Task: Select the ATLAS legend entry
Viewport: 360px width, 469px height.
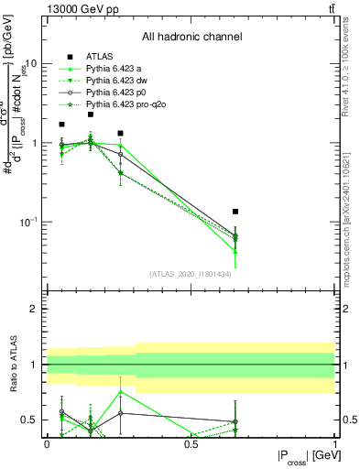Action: coord(100,57)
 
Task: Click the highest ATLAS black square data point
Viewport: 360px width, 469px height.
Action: coord(91,115)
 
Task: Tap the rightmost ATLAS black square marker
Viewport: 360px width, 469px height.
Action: coord(235,212)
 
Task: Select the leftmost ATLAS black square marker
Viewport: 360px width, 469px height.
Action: coord(61,125)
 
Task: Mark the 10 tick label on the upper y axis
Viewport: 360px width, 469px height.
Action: coord(30,64)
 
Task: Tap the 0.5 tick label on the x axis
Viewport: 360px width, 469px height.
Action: coord(191,444)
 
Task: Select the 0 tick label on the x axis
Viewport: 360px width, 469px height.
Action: coord(47,444)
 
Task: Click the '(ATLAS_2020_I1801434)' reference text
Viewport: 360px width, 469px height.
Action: coord(190,274)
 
